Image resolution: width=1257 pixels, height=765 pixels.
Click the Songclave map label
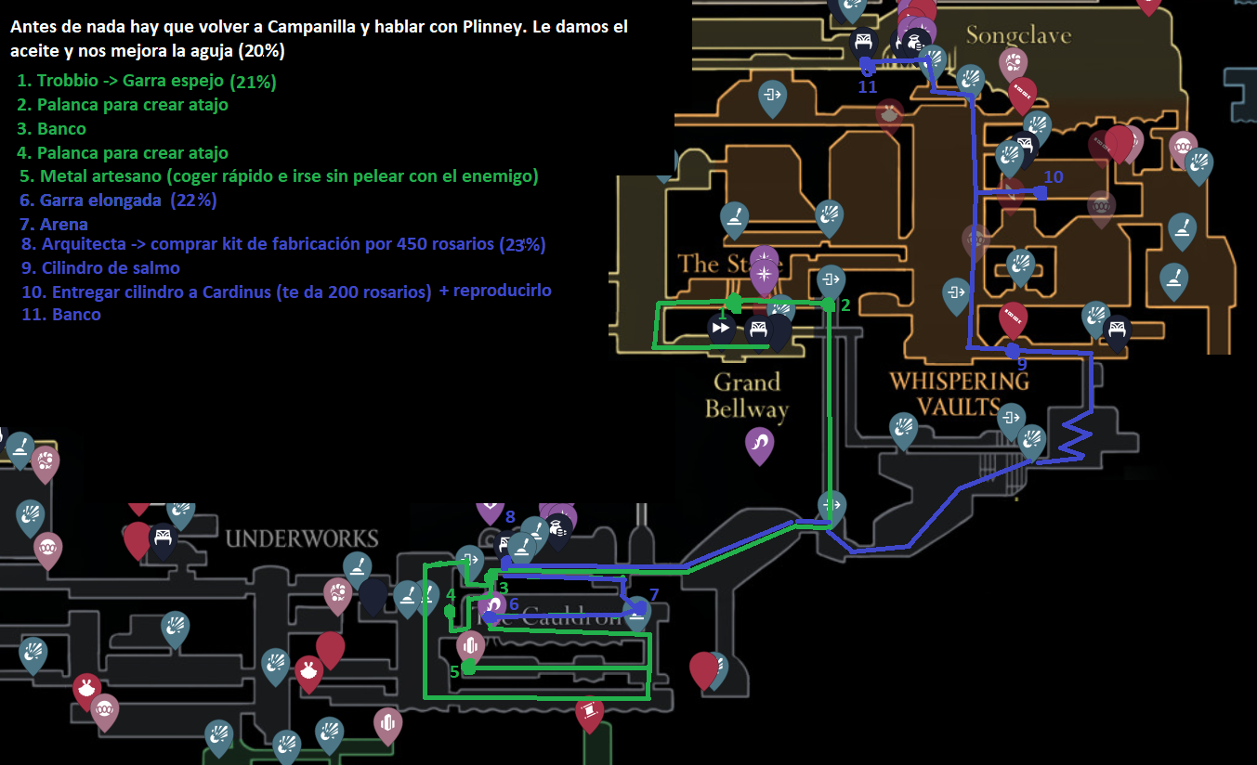(1018, 36)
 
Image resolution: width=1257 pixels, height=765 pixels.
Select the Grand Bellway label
(747, 395)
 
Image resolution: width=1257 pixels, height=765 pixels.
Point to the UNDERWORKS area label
(302, 538)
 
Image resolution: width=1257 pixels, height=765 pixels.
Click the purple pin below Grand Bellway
(760, 444)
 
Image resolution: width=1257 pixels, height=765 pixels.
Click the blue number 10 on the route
(1053, 177)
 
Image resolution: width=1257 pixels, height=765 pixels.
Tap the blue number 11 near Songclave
(868, 87)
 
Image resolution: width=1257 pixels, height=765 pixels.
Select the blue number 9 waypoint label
(1022, 365)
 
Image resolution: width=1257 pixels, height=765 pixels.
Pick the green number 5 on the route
(454, 671)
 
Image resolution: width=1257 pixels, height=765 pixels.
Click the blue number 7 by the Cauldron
(654, 595)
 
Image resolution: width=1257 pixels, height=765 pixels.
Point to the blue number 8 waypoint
(510, 517)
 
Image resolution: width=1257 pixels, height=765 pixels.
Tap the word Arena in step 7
(64, 224)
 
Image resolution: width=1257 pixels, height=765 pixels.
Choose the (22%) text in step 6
(193, 200)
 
